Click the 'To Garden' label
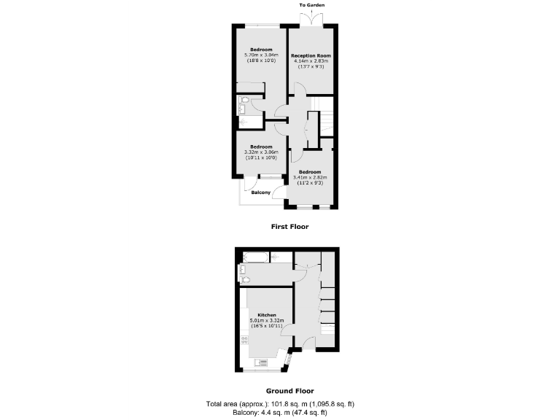[311, 5]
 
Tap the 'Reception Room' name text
[311, 55]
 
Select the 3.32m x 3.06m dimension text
[261, 152]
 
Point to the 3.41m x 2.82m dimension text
[310, 177]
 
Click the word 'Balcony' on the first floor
[261, 192]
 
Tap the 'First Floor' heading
[289, 227]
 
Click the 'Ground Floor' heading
[289, 391]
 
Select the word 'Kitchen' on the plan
[266, 316]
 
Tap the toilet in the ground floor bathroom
[245, 280]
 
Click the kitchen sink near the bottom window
[263, 361]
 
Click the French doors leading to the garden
[311, 20]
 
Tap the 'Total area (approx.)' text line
[280, 404]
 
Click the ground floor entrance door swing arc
[307, 343]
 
